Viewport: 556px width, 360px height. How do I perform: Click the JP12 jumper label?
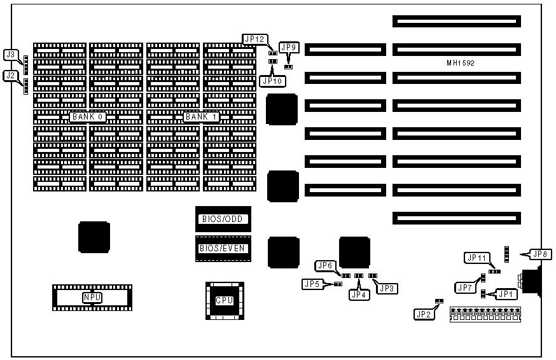click(x=254, y=39)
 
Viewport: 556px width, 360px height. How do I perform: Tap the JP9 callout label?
click(x=288, y=48)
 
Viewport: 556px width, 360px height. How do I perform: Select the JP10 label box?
click(x=273, y=81)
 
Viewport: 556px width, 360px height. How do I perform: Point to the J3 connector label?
click(x=10, y=55)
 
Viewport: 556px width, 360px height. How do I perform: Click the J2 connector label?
click(x=10, y=76)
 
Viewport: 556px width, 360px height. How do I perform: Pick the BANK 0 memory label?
click(x=88, y=117)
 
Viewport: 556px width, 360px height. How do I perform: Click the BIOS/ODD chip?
click(x=223, y=219)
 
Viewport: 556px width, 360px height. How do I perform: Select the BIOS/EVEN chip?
click(x=223, y=248)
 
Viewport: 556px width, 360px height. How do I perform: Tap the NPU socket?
click(x=92, y=297)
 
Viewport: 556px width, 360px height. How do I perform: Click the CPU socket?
click(x=224, y=300)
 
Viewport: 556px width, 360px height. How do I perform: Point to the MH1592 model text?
click(x=461, y=63)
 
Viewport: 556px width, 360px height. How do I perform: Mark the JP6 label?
click(x=325, y=265)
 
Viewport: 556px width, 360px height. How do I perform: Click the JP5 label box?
click(x=311, y=284)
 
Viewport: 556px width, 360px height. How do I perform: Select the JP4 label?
click(x=358, y=294)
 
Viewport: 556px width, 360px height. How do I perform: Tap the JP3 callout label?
click(x=387, y=289)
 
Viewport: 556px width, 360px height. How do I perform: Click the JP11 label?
click(x=476, y=258)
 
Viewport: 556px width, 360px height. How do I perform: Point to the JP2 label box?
click(x=423, y=314)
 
